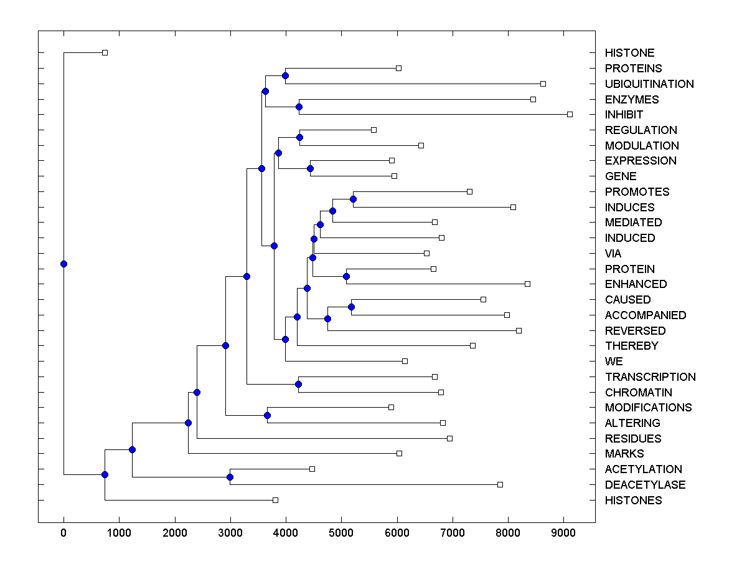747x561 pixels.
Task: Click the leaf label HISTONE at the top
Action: [629, 53]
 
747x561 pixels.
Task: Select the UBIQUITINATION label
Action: [649, 84]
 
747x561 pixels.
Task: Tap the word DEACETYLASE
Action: [645, 485]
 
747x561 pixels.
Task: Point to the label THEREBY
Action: [631, 346]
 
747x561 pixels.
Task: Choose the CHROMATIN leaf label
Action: [638, 392]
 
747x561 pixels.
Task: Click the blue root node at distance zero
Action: [63, 264]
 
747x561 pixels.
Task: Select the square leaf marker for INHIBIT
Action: [570, 114]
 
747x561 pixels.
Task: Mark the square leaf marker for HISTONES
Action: [275, 500]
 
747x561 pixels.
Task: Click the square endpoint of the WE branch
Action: [405, 361]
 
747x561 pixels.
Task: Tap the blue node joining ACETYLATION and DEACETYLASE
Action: [230, 477]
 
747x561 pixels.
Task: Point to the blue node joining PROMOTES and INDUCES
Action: [353, 199]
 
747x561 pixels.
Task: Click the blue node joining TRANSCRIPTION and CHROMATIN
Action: [299, 385]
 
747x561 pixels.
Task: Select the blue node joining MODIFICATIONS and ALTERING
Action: [267, 415]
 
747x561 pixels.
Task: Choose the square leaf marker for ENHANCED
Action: [527, 284]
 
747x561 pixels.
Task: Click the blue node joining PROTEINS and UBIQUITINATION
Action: [285, 75]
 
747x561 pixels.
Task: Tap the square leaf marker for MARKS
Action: [399, 453]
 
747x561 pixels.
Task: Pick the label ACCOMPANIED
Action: [645, 315]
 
